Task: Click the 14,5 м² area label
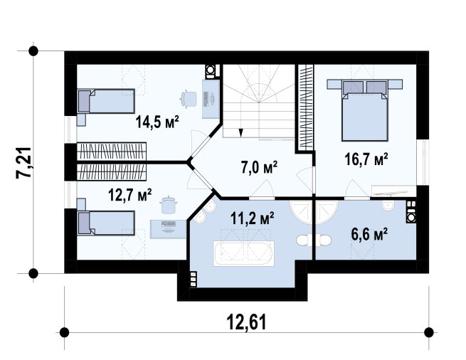157,122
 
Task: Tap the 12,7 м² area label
130,195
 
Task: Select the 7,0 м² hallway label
259,167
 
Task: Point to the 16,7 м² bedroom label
366,159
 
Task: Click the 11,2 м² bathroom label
252,218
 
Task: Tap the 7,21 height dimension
23,163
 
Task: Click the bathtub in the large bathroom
244,253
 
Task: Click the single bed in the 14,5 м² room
106,101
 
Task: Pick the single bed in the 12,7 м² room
106,223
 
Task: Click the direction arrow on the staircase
240,132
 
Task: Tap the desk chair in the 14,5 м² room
189,98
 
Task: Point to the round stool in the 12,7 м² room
169,204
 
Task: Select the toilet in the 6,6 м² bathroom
324,240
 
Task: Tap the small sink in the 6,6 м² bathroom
388,206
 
